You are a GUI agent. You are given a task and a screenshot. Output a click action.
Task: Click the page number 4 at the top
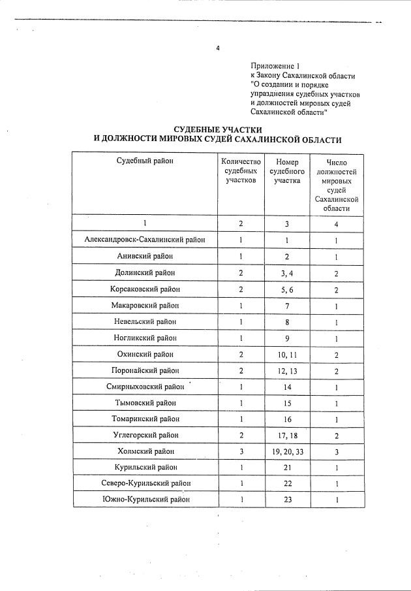point(218,48)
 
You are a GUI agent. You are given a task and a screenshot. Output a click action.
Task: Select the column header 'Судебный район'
point(145,161)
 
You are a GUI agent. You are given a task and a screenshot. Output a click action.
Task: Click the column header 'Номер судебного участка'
point(286,171)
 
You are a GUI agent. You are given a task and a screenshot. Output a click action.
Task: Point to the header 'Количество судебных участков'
point(241,170)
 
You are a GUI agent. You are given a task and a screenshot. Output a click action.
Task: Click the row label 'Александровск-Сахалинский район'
point(145,240)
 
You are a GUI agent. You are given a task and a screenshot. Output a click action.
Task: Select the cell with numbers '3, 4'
point(286,272)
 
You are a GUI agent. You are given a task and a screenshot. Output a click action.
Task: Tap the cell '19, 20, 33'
point(286,451)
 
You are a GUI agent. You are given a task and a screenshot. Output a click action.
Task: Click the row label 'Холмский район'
point(145,451)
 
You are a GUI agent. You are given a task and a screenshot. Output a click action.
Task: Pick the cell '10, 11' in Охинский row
point(286,354)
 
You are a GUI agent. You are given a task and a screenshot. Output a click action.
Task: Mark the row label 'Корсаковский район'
point(145,289)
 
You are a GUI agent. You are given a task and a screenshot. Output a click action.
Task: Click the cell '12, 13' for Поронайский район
point(286,370)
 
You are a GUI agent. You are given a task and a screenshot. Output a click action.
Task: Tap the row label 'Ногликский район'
point(145,338)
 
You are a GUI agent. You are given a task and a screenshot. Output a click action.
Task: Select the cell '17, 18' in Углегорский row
point(286,435)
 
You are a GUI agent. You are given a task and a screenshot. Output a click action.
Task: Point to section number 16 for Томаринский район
point(286,419)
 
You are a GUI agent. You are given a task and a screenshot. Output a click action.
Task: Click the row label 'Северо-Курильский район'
point(145,483)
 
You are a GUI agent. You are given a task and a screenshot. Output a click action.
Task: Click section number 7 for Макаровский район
point(286,305)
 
